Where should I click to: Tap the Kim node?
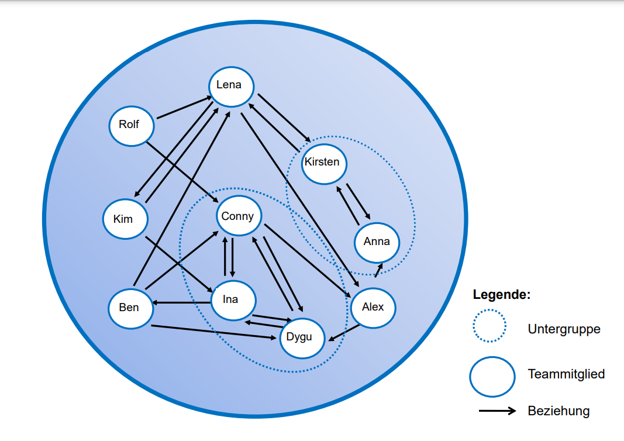pos(125,219)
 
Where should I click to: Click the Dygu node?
pos(302,337)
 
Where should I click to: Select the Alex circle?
pos(373,308)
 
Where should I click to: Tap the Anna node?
pos(377,242)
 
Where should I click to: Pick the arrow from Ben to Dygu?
pos(214,332)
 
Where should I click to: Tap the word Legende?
pos(501,295)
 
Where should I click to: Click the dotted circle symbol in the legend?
pos(490,326)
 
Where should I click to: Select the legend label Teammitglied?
pos(566,374)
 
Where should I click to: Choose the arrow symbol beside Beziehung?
pos(497,411)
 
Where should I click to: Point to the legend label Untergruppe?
pos(564,329)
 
